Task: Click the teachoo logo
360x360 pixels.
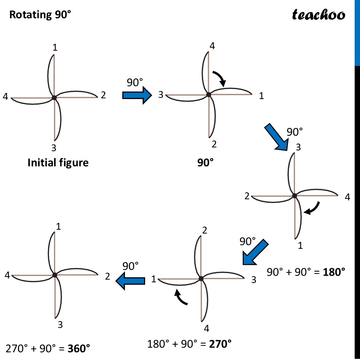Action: click(318, 14)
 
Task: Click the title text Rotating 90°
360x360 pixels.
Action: click(40, 14)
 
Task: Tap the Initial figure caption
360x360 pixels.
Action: click(58, 163)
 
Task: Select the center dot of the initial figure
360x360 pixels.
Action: click(54, 98)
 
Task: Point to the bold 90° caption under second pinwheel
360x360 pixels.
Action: click(205, 163)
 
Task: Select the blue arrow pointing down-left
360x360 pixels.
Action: click(255, 252)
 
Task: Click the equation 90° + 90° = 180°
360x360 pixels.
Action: click(306, 272)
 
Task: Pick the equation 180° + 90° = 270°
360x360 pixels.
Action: click(189, 344)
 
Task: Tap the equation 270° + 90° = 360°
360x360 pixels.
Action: click(48, 348)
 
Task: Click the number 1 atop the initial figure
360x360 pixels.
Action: click(55, 48)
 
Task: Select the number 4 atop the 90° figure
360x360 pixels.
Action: click(212, 46)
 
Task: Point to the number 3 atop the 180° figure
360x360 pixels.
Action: click(299, 147)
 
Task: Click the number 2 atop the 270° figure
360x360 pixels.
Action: click(205, 230)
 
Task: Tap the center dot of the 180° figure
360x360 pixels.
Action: click(294, 196)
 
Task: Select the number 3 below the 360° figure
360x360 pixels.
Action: click(60, 325)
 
